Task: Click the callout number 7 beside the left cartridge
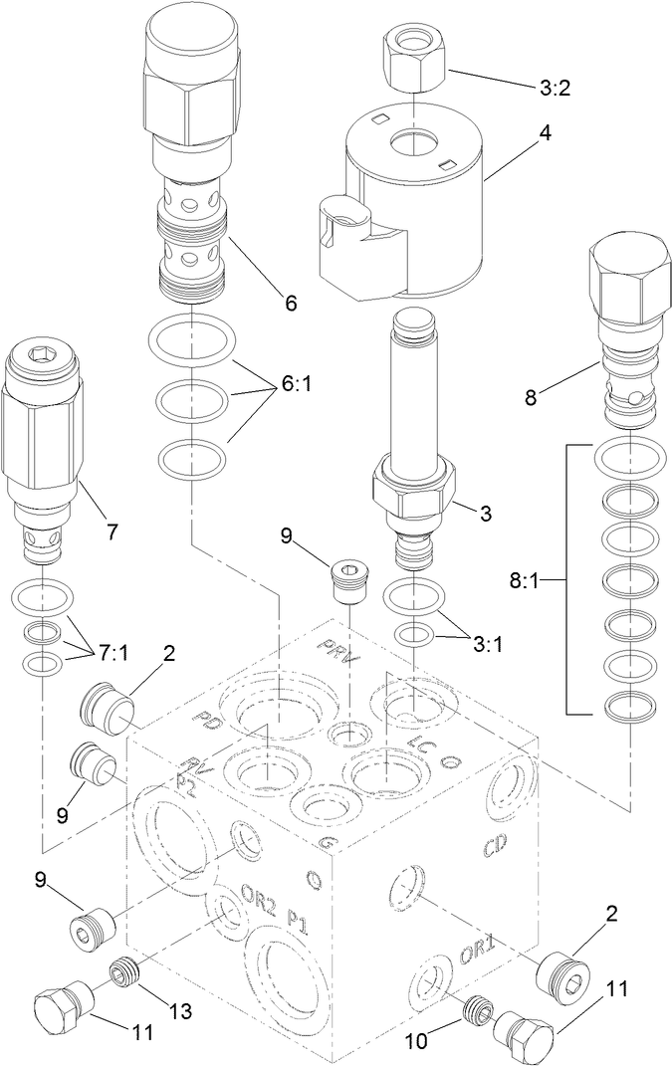click(112, 532)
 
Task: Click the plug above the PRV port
click(347, 579)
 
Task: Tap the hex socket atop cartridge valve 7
click(41, 353)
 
